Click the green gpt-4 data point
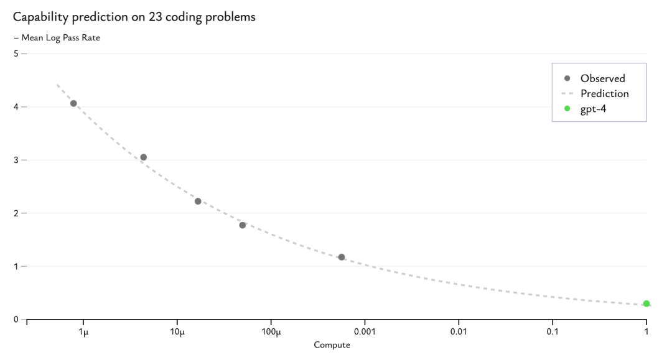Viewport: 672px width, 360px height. tap(646, 303)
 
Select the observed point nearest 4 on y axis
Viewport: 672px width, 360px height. tap(73, 103)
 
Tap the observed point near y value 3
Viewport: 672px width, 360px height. tap(143, 157)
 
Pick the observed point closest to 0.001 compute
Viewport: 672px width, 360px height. tap(342, 257)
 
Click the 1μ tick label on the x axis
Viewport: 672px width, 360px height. tap(83, 331)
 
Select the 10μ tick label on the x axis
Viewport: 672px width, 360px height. tap(177, 331)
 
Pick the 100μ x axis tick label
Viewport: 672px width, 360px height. tap(271, 331)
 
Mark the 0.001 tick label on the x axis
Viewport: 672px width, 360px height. tap(365, 331)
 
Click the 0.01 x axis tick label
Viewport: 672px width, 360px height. tap(459, 331)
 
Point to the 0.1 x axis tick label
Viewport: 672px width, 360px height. tap(553, 331)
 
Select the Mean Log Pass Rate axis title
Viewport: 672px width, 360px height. tap(61, 37)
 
